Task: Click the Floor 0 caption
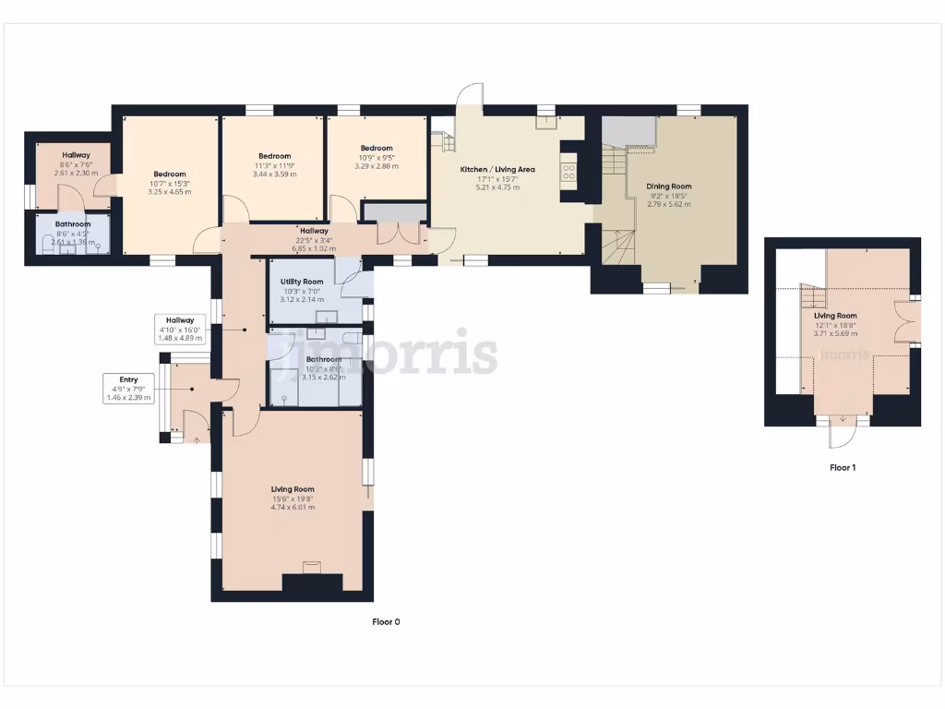(x=386, y=622)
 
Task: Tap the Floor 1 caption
(x=842, y=468)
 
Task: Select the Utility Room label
(x=302, y=282)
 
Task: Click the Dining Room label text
(x=670, y=186)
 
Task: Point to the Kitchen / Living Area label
(x=497, y=169)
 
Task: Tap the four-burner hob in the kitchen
(x=569, y=171)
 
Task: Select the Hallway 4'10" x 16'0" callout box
(x=179, y=329)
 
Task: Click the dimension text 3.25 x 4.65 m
(x=170, y=192)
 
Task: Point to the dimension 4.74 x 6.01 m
(x=293, y=507)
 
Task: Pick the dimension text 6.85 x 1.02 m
(x=314, y=248)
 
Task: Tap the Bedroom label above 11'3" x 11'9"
(x=274, y=157)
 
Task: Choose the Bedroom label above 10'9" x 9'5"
(x=377, y=149)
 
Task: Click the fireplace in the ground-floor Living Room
(x=311, y=568)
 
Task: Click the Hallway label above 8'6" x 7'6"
(x=76, y=155)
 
